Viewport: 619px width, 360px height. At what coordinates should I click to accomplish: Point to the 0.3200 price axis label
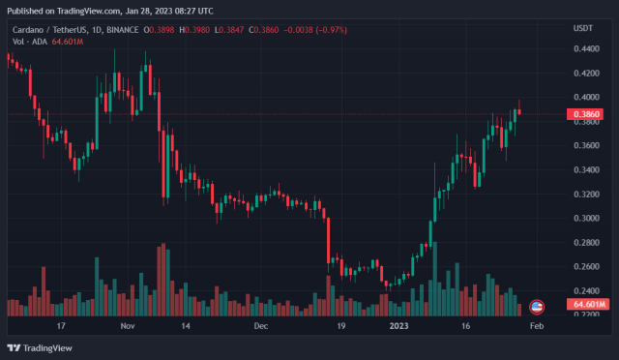586,194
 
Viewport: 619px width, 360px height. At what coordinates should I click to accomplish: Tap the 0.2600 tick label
586,266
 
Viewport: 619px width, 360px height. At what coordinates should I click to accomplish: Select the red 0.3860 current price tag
586,113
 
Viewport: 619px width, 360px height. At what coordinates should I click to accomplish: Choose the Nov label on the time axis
128,327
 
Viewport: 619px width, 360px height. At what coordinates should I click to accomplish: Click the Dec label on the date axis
260,327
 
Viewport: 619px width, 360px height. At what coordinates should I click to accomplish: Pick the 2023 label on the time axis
398,327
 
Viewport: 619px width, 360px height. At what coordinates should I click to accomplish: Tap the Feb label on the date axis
538,327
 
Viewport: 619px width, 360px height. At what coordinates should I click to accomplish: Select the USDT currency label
583,28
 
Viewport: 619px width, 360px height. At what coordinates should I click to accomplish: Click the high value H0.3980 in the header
192,28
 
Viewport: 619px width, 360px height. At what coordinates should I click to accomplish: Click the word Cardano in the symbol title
27,28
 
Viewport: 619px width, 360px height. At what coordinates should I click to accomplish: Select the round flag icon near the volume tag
538,306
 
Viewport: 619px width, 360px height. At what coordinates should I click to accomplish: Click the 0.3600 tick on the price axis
586,145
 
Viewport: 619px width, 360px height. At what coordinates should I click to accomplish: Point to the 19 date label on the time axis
341,327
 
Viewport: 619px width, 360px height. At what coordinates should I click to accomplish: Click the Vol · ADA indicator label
25,41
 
